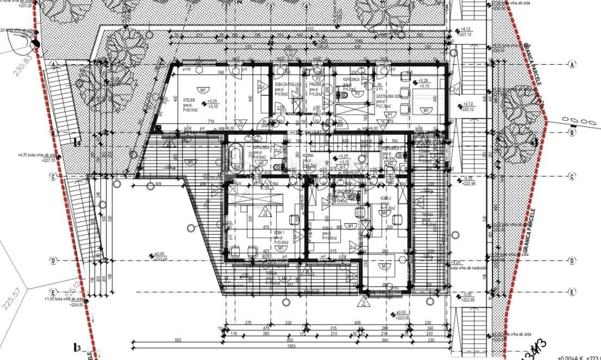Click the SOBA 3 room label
[386, 198]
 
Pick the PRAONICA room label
[317, 85]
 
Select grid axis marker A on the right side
[572, 64]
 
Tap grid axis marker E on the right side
[572, 292]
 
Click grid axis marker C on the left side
[53, 176]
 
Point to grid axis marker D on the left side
[53, 261]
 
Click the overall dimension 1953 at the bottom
[291, 345]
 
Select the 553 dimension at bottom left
[178, 340]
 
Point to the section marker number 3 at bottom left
[78, 348]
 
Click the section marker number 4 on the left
[78, 143]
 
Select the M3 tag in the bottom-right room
[384, 266]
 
